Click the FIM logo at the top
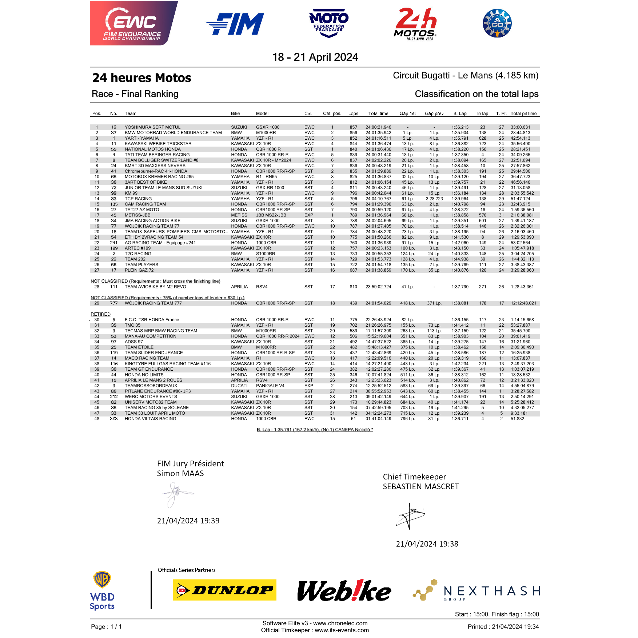[235, 24]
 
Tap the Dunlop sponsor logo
[224, 590]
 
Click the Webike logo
[344, 590]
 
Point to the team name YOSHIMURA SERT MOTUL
[152, 127]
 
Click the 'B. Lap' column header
[460, 113]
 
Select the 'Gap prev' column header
[434, 113]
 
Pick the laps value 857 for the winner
[353, 127]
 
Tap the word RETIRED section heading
[101, 314]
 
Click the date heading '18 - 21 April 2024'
[315, 57]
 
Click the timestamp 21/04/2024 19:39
[188, 521]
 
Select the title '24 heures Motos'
[141, 78]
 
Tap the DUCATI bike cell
[239, 386]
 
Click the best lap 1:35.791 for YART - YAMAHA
[460, 138]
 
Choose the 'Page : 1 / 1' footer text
[106, 626]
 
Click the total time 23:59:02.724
[378, 287]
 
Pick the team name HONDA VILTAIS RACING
[150, 419]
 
